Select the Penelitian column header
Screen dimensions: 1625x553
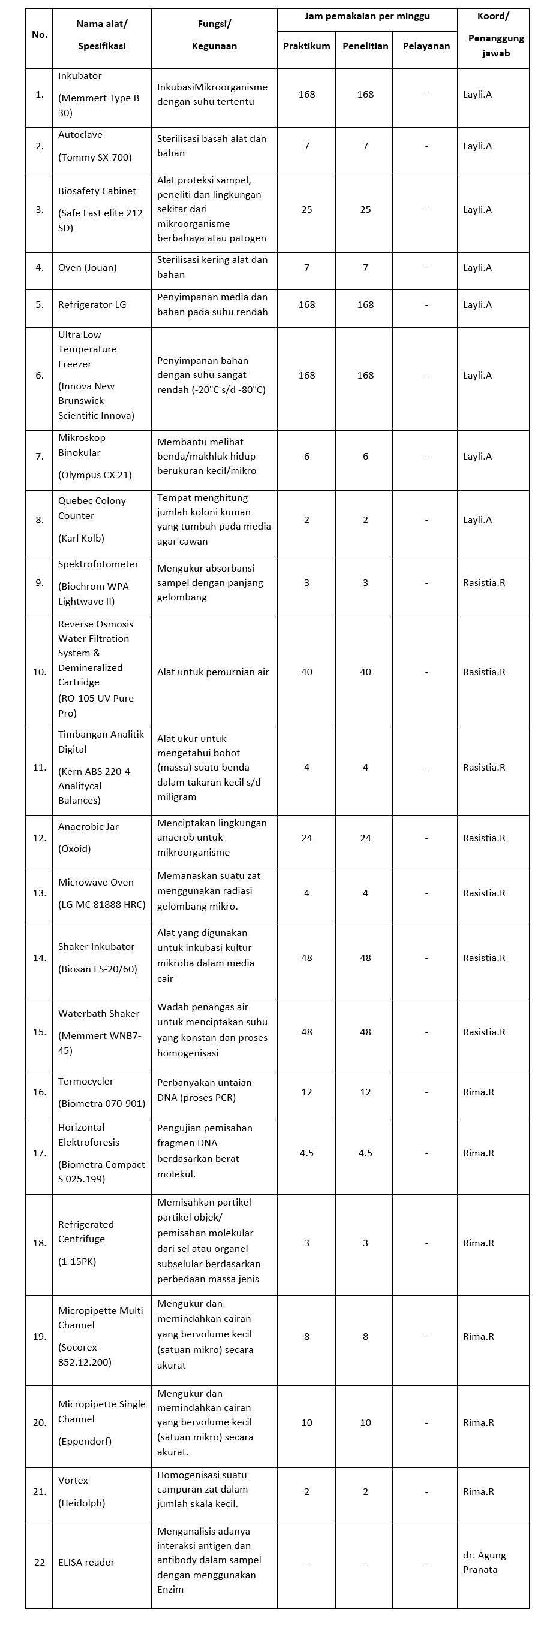tap(365, 46)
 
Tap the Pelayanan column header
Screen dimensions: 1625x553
tap(426, 46)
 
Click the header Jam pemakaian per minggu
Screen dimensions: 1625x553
tap(367, 16)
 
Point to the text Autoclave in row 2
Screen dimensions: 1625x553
tap(80, 134)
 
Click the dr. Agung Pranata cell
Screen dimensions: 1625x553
tap(484, 1562)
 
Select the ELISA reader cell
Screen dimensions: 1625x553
tap(86, 1562)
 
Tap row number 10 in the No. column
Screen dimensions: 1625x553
tap(40, 672)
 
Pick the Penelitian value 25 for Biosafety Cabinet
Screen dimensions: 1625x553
tap(365, 210)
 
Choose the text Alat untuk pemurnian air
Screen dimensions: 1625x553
tap(213, 672)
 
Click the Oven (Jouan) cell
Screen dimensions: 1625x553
tap(87, 267)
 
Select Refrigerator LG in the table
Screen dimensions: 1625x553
tap(92, 304)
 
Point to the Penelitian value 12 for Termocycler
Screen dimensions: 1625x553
tap(365, 1092)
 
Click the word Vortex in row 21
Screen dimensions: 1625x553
tap(73, 1480)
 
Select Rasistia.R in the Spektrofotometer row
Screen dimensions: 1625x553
tap(483, 582)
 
